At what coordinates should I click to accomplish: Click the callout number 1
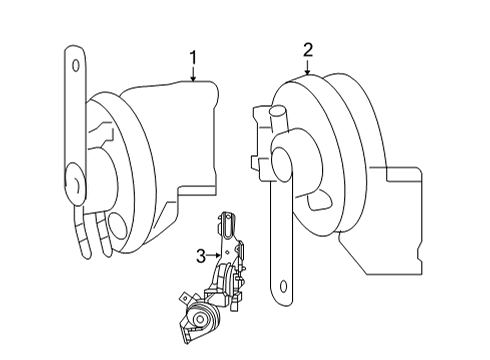pos(193,58)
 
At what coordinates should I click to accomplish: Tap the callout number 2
pos(308,50)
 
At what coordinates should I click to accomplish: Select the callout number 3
pos(201,256)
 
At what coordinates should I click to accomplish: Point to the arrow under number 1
pos(193,74)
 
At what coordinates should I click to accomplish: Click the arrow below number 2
pos(307,66)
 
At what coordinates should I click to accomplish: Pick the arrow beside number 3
pos(213,256)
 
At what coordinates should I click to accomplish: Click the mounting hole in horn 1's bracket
pos(76,65)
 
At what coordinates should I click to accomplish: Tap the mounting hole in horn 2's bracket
pos(283,286)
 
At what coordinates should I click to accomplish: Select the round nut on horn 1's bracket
pos(76,183)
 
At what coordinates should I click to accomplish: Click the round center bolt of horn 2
pos(282,164)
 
